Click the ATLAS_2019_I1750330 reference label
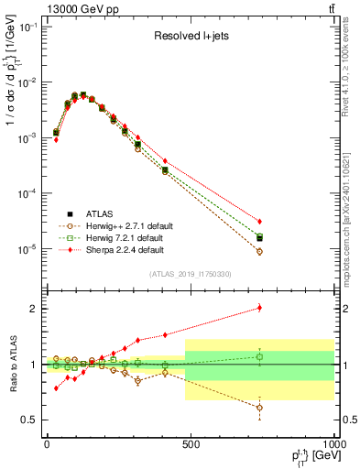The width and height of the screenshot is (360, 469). point(188,274)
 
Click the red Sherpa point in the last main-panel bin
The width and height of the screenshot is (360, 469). point(260,222)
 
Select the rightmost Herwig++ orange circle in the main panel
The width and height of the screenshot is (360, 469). point(260,252)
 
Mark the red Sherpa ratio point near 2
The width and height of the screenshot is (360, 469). point(260,308)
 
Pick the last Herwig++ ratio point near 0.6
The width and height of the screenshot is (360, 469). point(260,408)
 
